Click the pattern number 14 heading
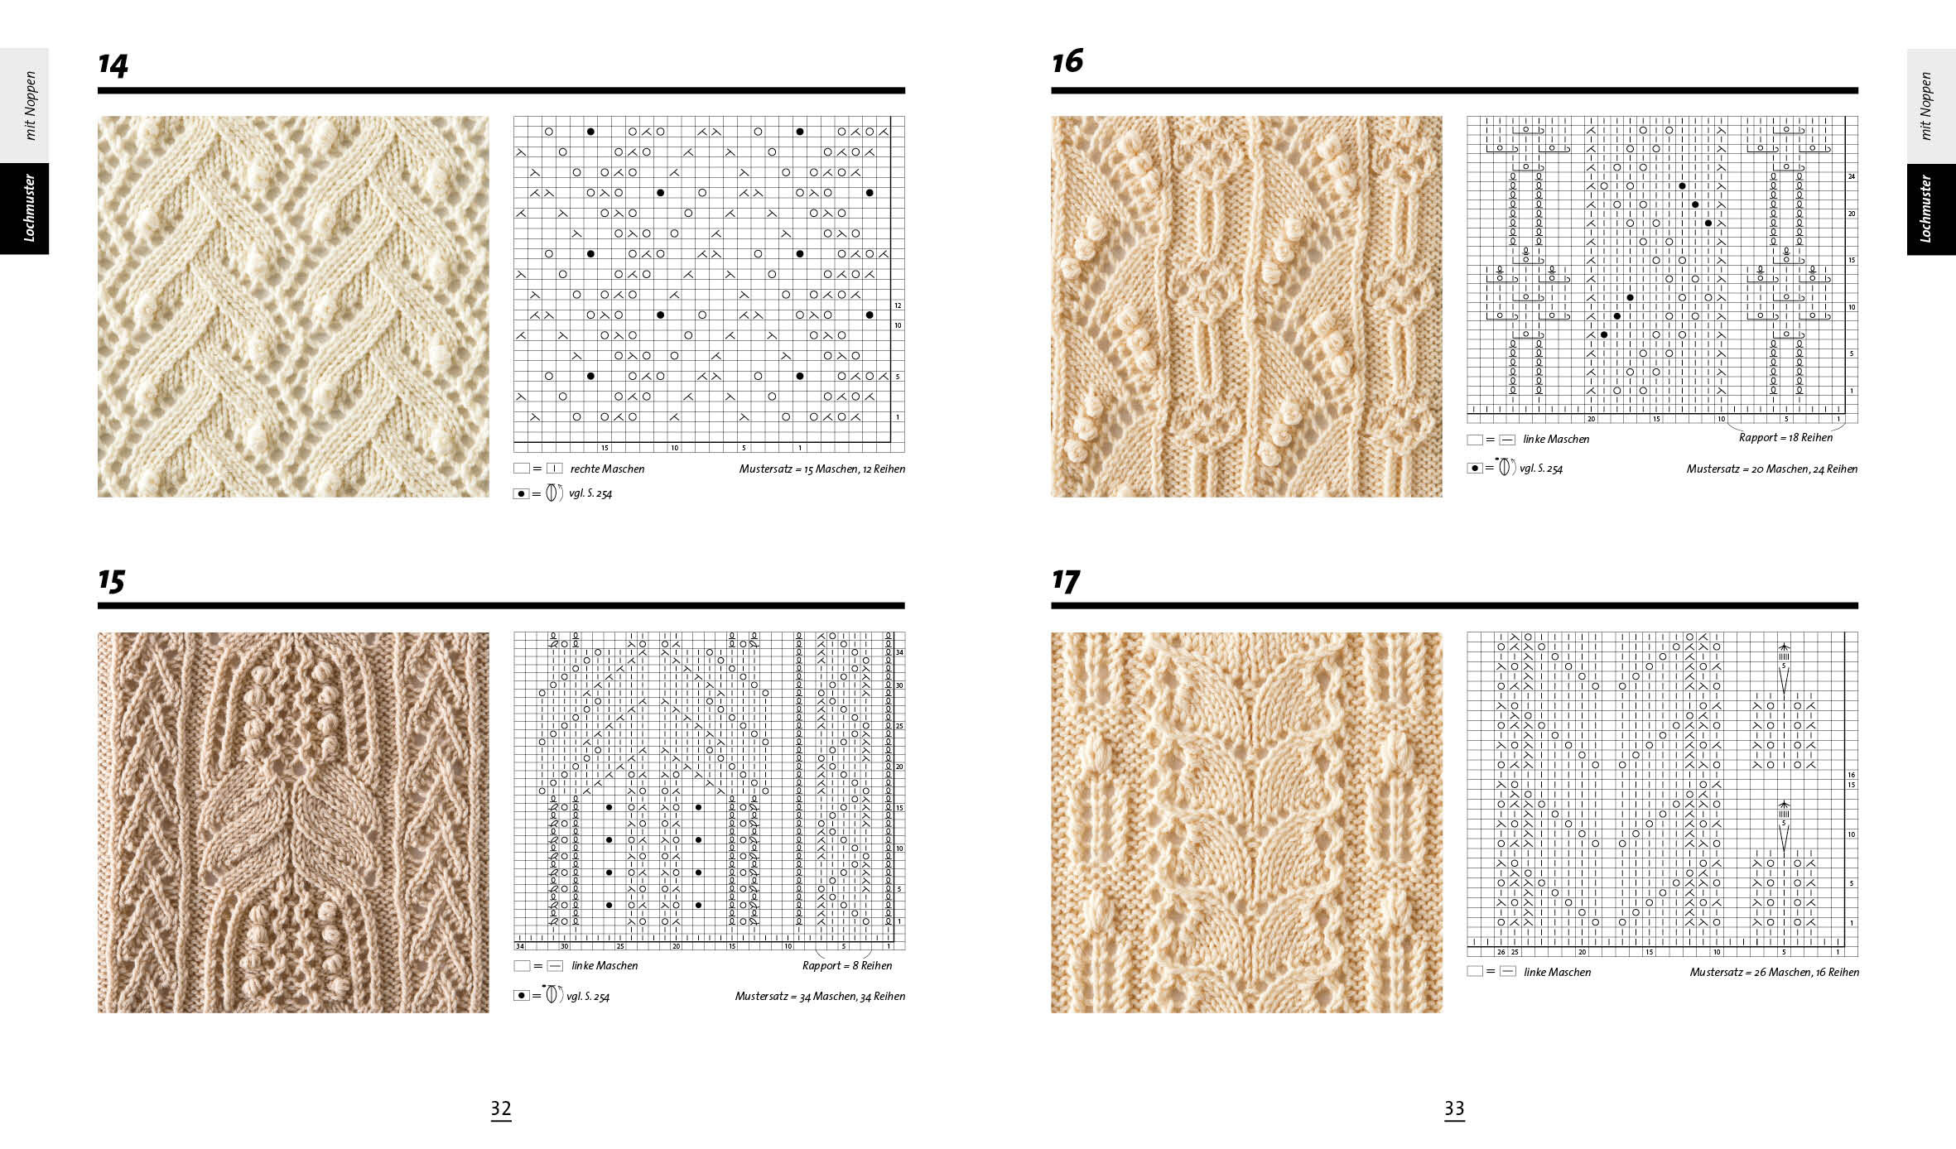click(113, 65)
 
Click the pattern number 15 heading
click(111, 580)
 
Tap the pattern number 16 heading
click(1067, 61)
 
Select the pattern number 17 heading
click(1065, 580)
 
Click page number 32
click(501, 1108)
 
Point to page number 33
click(1454, 1108)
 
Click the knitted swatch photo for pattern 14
click(293, 306)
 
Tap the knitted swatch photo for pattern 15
click(293, 822)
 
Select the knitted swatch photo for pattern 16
click(1246, 306)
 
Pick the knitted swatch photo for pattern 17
click(1246, 822)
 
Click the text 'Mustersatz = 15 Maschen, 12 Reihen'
click(821, 469)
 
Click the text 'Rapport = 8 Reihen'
click(846, 965)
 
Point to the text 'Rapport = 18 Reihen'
click(1785, 437)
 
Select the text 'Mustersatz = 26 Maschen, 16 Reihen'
click(1774, 972)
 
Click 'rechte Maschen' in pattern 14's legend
click(607, 469)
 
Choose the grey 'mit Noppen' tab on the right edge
click(1930, 106)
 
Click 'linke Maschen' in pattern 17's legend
click(1557, 972)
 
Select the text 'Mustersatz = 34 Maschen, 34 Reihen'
click(819, 996)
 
